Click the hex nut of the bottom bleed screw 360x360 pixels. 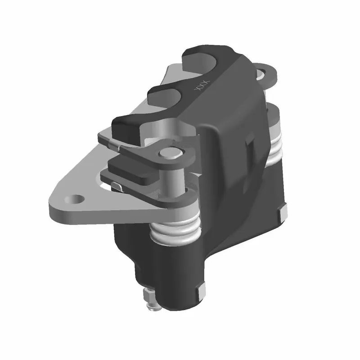[148, 297]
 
